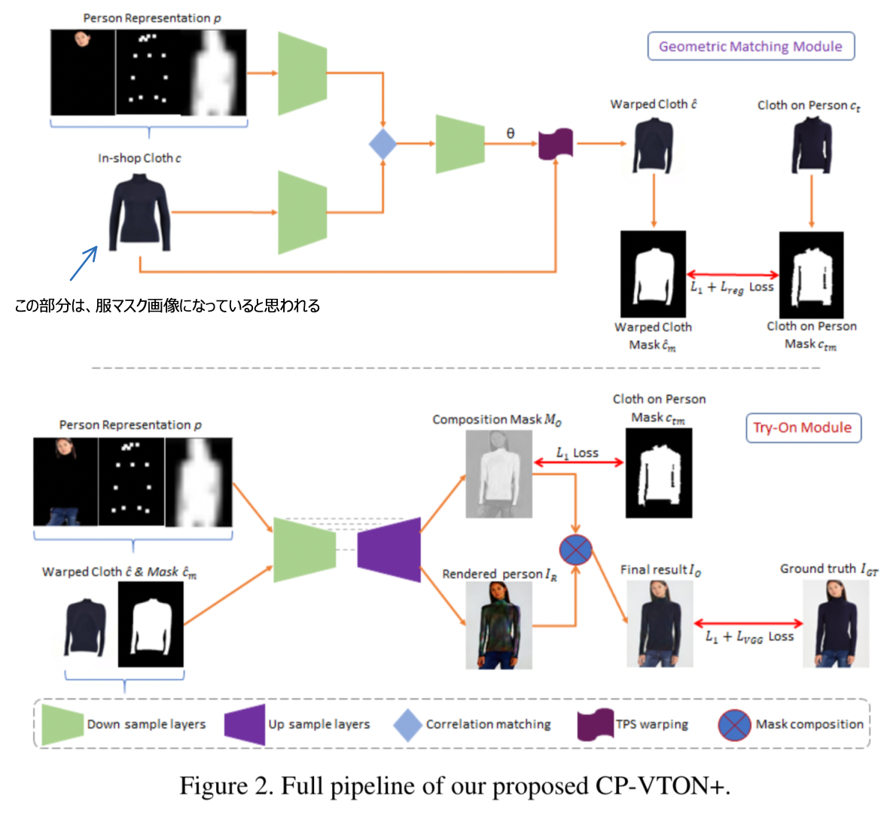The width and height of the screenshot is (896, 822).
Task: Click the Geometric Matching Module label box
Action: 751,46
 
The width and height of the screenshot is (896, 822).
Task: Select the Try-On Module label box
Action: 803,428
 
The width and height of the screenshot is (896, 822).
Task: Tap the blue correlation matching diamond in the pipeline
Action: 382,144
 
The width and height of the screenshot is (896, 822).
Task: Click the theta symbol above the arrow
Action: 510,133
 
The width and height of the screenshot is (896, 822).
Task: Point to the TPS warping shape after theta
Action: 556,144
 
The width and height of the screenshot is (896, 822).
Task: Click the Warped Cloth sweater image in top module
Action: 653,145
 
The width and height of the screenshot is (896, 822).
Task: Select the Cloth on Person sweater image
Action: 811,145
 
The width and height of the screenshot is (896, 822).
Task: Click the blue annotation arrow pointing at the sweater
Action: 84,263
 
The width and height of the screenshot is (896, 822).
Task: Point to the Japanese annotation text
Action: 167,306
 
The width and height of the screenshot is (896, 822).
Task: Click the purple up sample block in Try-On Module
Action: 389,550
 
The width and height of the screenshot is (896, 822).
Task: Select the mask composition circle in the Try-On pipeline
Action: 576,550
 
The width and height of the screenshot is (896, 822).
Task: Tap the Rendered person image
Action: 498,626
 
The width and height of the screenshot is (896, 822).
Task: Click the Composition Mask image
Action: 498,474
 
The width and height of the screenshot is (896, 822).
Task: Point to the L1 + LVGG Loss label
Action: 748,637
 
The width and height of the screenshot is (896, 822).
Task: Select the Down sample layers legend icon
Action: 62,725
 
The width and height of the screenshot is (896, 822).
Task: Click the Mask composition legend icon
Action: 733,725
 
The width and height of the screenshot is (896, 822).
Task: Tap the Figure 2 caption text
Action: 455,786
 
